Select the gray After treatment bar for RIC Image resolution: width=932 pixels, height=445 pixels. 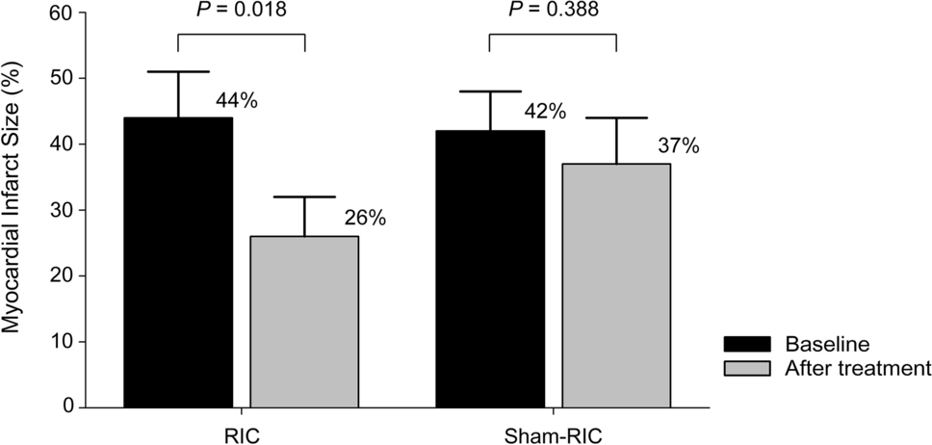tap(304, 322)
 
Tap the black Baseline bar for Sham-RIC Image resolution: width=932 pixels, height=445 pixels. tap(490, 269)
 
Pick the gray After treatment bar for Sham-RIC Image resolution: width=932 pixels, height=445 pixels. tap(616, 285)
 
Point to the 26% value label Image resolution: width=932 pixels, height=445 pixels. tap(365, 219)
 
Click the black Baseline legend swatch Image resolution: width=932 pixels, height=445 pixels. tap(748, 345)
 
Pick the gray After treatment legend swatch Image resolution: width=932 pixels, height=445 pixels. tap(748, 367)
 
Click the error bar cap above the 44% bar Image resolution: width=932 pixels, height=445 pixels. tap(178, 71)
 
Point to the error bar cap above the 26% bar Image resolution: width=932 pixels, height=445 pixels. tap(304, 196)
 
